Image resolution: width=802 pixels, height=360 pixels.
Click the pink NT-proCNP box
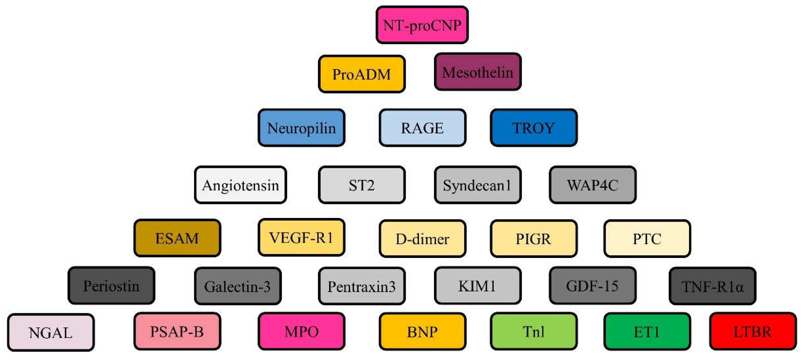pyautogui.click(x=422, y=25)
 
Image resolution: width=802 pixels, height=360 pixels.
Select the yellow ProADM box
pyautogui.click(x=362, y=74)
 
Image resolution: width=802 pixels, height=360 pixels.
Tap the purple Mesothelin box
pyautogui.click(x=478, y=72)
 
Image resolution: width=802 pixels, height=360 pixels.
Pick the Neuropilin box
pyautogui.click(x=301, y=128)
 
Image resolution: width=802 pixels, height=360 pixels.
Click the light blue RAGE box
pyautogui.click(x=422, y=128)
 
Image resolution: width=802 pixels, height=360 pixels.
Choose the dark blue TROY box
pyautogui.click(x=534, y=128)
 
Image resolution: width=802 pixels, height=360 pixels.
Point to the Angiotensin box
pyautogui.click(x=240, y=185)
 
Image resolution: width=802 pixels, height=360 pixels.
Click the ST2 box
pyautogui.click(x=362, y=185)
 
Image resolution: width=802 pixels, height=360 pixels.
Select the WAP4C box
pyautogui.click(x=592, y=185)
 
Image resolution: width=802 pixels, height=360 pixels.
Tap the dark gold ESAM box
pyautogui.click(x=177, y=238)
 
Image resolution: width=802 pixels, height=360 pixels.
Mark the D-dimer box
pyautogui.click(x=422, y=239)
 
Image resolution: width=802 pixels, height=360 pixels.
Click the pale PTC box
pyautogui.click(x=647, y=239)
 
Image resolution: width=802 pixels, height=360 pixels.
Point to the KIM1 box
pyautogui.click(x=478, y=285)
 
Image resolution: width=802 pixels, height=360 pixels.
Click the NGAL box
pyautogui.click(x=51, y=332)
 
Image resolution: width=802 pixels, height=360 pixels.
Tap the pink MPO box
pyautogui.click(x=301, y=331)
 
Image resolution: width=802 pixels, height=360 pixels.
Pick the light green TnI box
pyautogui.click(x=534, y=331)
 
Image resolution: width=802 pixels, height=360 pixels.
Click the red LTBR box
pyautogui.click(x=753, y=331)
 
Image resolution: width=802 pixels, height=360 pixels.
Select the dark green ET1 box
pyautogui.click(x=647, y=332)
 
